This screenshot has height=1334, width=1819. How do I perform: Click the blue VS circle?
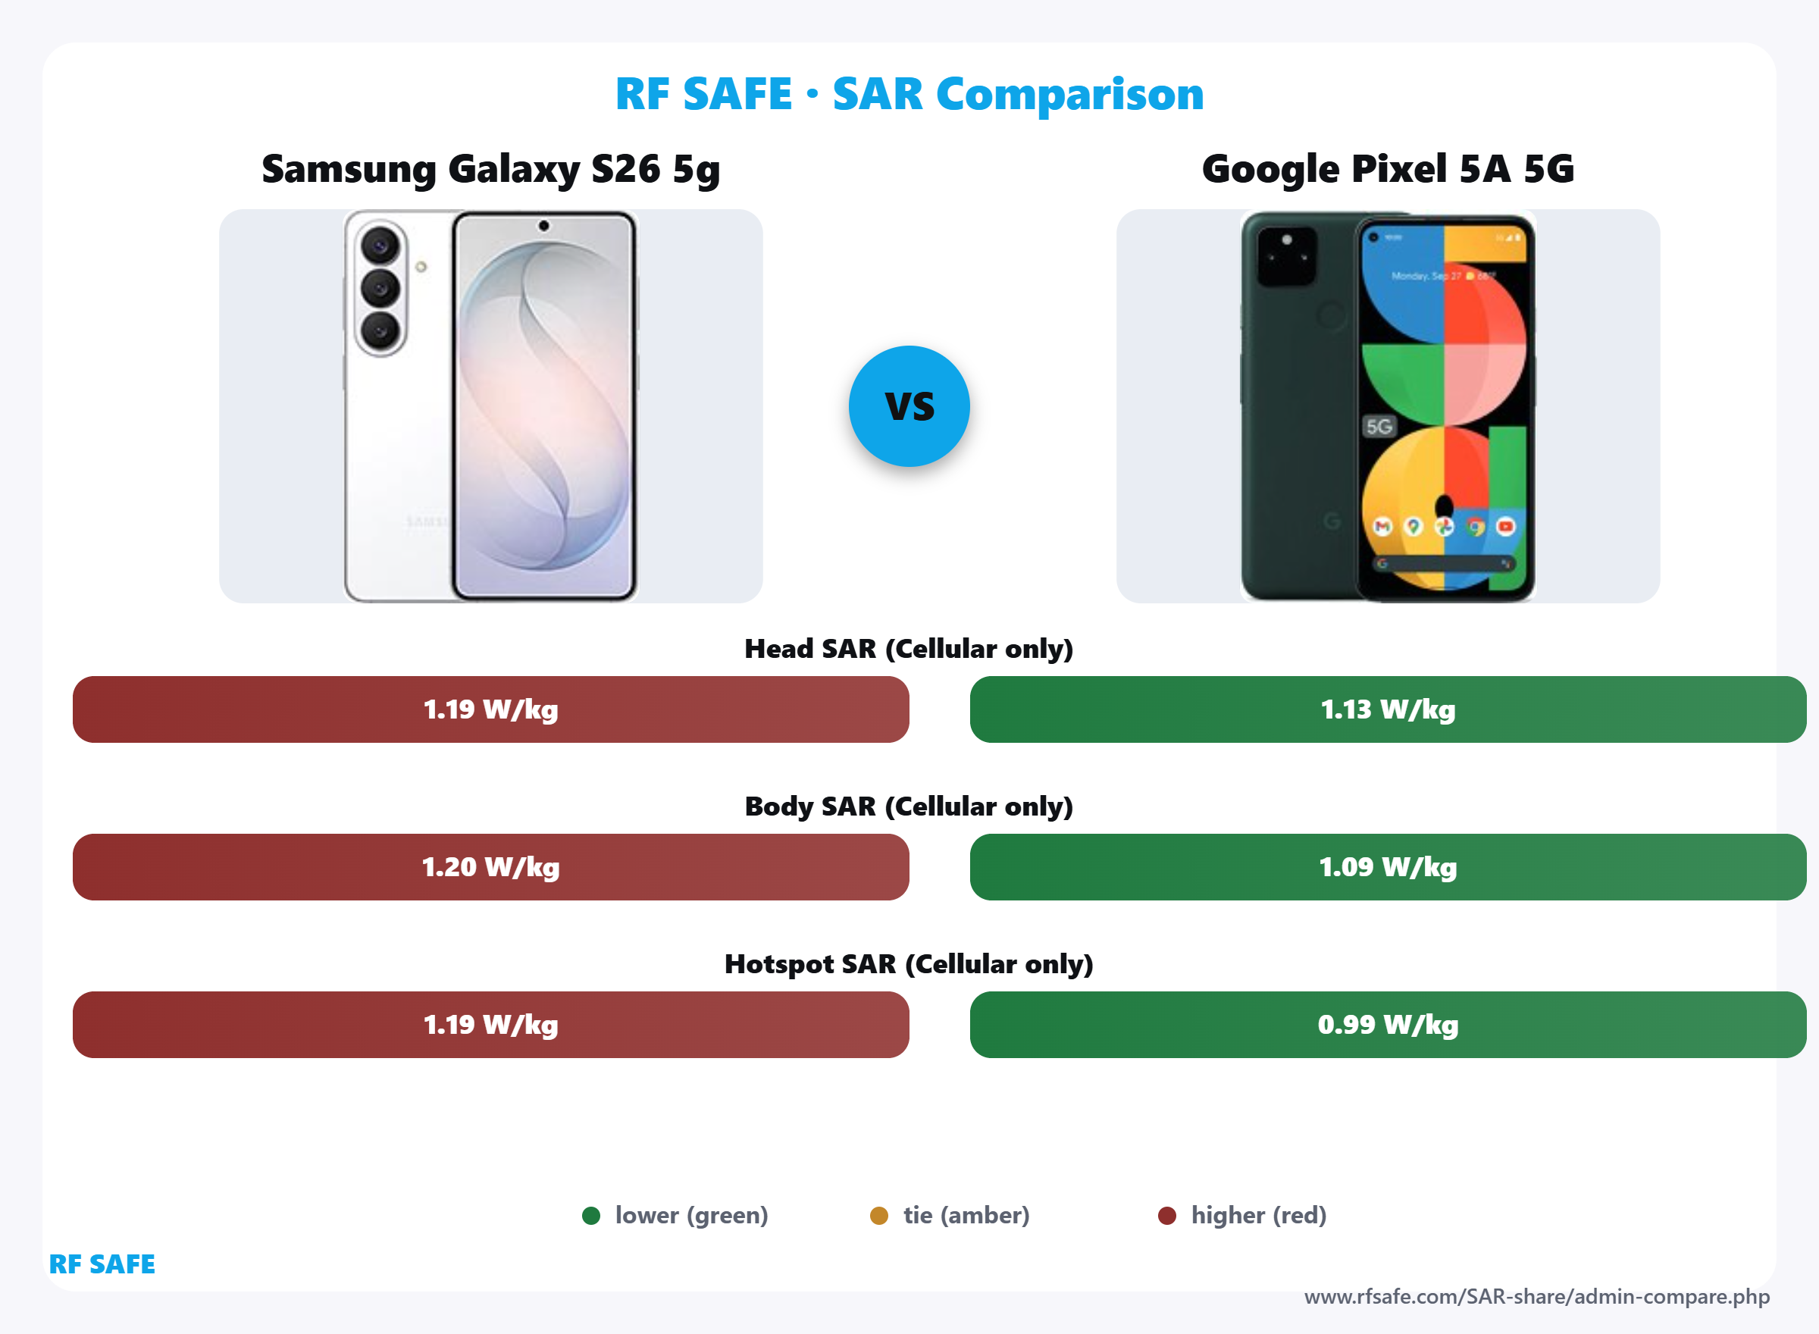click(x=909, y=406)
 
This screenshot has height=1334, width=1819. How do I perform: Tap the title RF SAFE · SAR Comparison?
click(x=909, y=94)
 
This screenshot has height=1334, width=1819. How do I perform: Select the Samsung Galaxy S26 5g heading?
click(x=491, y=170)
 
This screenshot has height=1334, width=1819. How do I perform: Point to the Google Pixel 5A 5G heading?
click(x=1388, y=170)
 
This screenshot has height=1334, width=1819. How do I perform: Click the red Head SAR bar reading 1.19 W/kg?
click(x=491, y=709)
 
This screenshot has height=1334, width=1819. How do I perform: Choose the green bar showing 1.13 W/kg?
click(x=1388, y=709)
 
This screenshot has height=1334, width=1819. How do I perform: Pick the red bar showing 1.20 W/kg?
click(x=491, y=866)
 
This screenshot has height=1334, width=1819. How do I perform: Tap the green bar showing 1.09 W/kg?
click(x=1388, y=866)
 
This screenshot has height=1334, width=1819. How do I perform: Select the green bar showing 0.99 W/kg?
click(x=1388, y=1024)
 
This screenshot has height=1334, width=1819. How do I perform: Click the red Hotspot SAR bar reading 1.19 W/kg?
click(x=491, y=1024)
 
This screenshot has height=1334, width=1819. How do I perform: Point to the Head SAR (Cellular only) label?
click(x=909, y=648)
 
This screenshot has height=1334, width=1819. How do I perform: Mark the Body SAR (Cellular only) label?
click(x=909, y=806)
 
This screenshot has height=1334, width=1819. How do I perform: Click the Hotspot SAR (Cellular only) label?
click(x=909, y=963)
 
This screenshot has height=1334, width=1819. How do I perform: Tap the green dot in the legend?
click(x=591, y=1215)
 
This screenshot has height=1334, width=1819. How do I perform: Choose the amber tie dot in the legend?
click(x=879, y=1215)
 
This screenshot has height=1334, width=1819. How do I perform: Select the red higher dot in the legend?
click(x=1166, y=1215)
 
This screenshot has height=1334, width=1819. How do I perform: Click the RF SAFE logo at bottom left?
click(x=102, y=1264)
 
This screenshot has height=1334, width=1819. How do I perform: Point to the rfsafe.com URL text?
click(x=1536, y=1297)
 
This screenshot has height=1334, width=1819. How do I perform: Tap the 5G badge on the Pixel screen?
click(x=1379, y=427)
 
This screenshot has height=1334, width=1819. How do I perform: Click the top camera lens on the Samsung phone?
click(x=380, y=245)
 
